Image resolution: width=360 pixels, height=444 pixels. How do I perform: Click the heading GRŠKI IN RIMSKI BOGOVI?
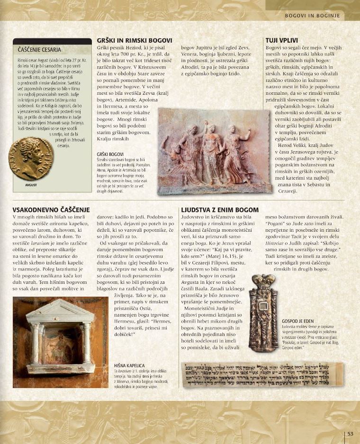(x=134, y=41)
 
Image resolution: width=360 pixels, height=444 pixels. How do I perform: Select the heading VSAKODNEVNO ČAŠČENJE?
(x=51, y=209)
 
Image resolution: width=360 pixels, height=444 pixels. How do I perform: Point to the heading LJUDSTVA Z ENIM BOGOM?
(x=220, y=209)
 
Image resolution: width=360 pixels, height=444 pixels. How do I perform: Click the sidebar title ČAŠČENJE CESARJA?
(x=39, y=50)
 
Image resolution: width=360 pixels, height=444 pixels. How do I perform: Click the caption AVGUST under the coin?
(x=31, y=185)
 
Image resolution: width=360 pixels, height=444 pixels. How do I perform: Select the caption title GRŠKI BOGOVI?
(x=110, y=154)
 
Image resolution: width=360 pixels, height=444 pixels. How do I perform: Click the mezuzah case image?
(x=263, y=311)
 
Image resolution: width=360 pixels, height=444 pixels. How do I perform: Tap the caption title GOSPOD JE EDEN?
(x=297, y=321)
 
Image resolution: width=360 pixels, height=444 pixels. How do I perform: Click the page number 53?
(x=351, y=433)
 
